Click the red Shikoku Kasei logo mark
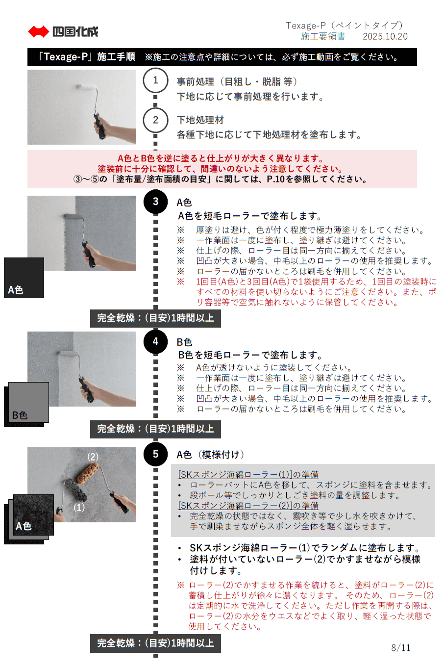(x=38, y=31)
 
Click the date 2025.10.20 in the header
(x=385, y=36)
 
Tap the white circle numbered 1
(x=155, y=80)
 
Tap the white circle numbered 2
(x=155, y=120)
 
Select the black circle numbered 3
(x=155, y=202)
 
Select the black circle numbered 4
(x=155, y=341)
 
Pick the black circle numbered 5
(x=155, y=454)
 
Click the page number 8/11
(x=400, y=648)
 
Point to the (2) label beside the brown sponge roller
(x=93, y=457)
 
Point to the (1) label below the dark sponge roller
(x=79, y=508)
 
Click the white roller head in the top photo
(x=86, y=87)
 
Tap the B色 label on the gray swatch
(x=20, y=415)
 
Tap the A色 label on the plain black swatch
(x=16, y=290)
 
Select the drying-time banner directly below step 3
(x=155, y=318)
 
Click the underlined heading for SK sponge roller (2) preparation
(x=248, y=505)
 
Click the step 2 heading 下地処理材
(x=200, y=120)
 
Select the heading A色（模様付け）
(x=210, y=455)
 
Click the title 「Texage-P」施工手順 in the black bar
(x=86, y=56)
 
